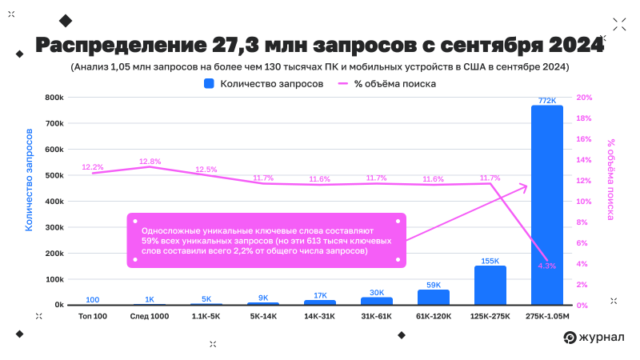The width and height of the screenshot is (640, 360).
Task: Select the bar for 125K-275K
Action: pos(490,286)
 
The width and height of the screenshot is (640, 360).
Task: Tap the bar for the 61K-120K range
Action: pos(434,297)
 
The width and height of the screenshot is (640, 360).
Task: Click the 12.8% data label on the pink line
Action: pos(150,161)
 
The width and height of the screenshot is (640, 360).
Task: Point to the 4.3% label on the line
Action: pos(547,266)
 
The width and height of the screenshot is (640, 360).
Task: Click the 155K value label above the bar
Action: pos(490,261)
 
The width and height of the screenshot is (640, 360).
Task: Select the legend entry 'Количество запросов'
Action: pos(264,83)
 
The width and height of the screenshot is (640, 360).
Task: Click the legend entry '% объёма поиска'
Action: pos(387,83)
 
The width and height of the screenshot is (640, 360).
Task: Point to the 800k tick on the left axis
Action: pos(54,98)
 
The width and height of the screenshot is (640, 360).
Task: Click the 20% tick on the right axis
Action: pos(584,98)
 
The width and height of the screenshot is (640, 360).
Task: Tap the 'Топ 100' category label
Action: pos(92,317)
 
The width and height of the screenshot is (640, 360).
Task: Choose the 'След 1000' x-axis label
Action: pos(149,317)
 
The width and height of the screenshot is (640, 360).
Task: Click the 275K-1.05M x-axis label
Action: pos(547,317)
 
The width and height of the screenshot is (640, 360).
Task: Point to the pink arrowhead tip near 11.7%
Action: pos(527,186)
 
